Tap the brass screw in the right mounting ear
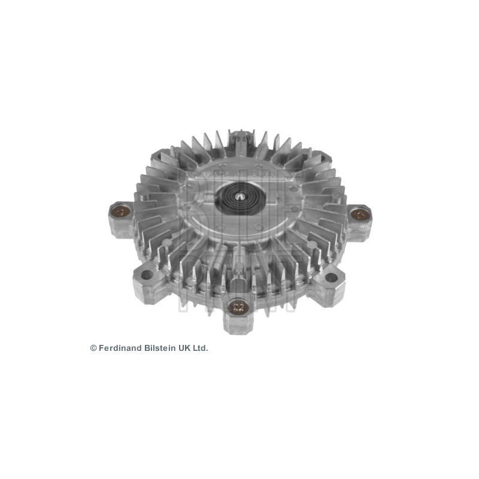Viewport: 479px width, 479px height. (x=359, y=213)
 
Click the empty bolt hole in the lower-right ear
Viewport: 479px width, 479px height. (x=331, y=277)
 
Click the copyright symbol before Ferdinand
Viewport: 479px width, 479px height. (x=93, y=348)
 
